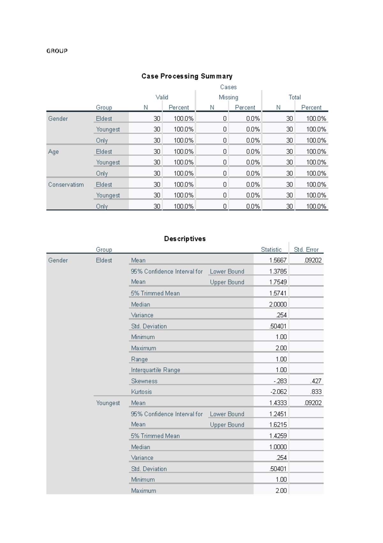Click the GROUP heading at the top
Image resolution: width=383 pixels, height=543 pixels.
point(57,51)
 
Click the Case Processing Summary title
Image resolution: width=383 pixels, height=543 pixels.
point(187,76)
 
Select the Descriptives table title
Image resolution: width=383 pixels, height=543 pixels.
point(184,239)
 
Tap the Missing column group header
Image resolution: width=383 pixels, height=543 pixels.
point(228,97)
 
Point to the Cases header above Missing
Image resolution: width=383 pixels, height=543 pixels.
point(228,87)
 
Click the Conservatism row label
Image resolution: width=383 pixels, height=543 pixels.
point(66,185)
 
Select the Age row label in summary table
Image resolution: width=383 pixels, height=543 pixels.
point(53,152)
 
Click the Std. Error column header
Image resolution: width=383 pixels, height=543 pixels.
point(306,249)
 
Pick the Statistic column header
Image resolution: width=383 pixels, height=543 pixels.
point(271,249)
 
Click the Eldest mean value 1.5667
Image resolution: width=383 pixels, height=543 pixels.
point(278,260)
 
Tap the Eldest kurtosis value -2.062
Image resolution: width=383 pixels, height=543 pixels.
point(278,392)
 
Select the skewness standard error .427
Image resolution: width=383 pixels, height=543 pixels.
point(316,381)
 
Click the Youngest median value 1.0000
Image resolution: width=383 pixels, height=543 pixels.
point(278,447)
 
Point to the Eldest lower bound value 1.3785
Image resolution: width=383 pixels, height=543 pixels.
point(278,271)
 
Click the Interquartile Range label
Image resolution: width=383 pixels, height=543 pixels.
point(155,370)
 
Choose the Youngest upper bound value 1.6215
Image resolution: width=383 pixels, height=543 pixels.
point(278,425)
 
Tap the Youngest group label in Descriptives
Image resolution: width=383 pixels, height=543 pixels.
point(108,403)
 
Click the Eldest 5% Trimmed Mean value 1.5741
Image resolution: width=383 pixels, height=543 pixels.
point(278,293)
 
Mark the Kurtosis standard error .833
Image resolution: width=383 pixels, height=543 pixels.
point(316,392)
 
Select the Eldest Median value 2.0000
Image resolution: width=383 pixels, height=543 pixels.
point(278,304)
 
